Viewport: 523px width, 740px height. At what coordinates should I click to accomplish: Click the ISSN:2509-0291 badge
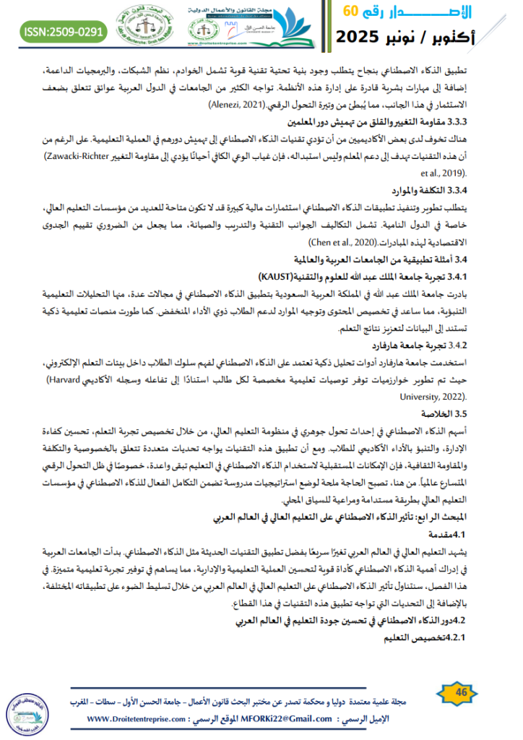pos(64,33)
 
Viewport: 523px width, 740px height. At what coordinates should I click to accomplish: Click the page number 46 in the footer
pos(460,693)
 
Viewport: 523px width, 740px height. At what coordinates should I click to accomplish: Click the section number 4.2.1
pos(454,637)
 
